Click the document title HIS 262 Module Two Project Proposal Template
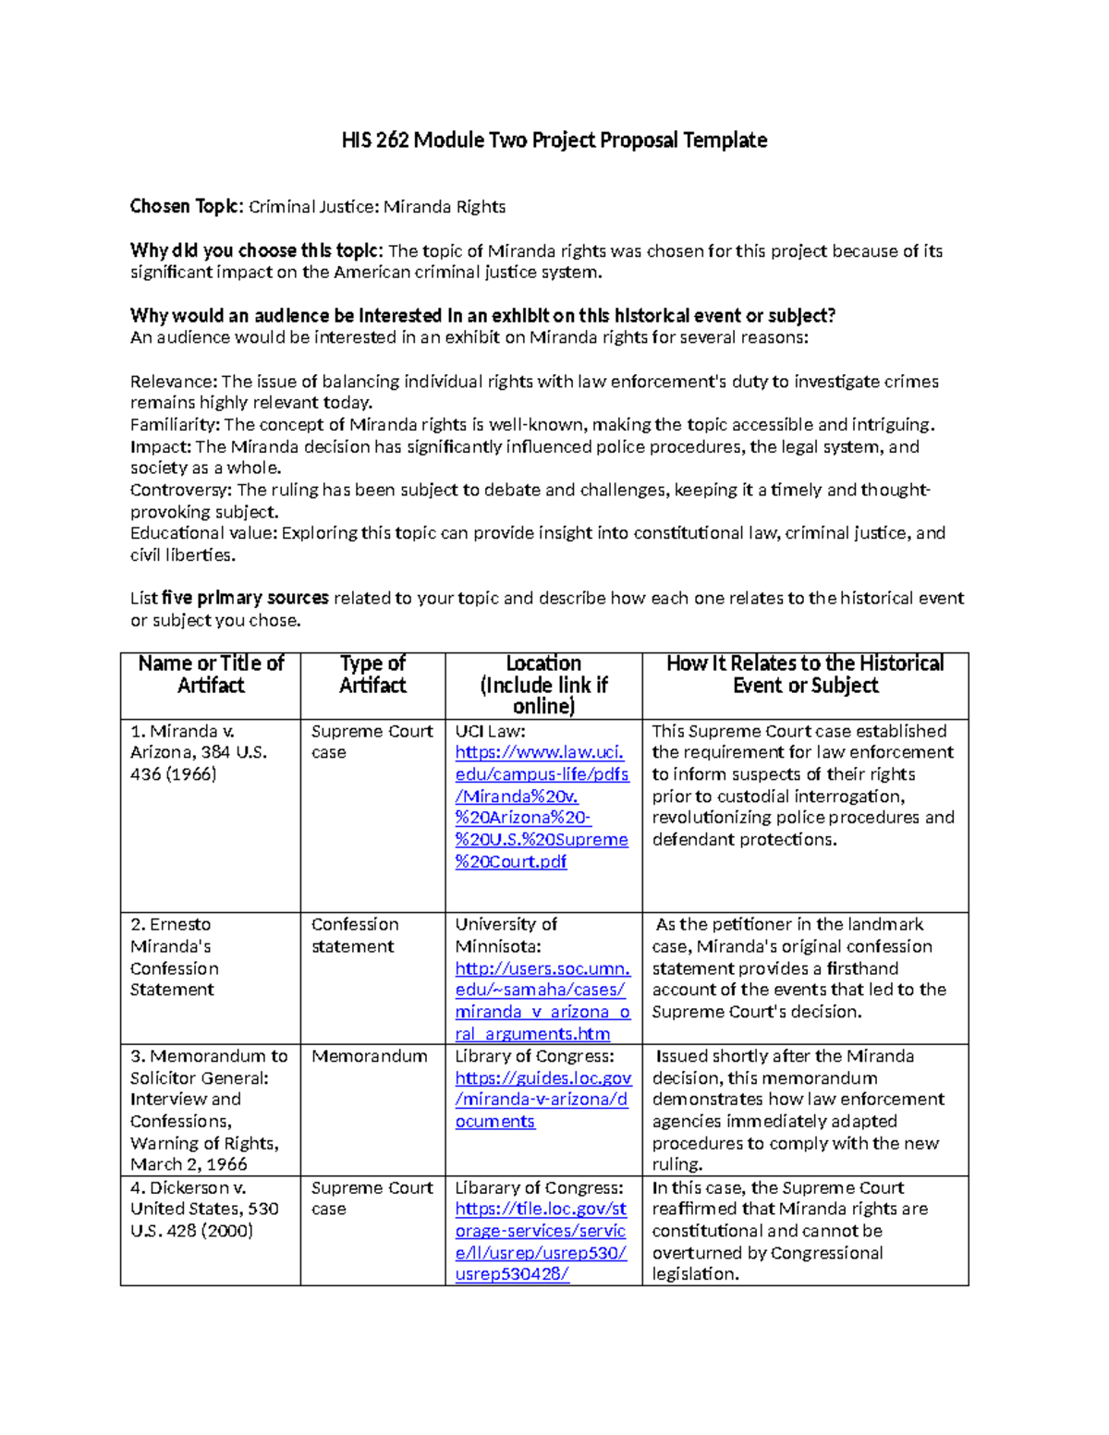(x=554, y=140)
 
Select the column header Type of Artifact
(x=372, y=675)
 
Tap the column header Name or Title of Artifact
(x=211, y=675)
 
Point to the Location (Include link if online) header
(x=543, y=685)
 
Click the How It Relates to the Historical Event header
(x=805, y=675)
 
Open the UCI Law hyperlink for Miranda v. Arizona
(x=542, y=797)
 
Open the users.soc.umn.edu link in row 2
(x=542, y=1002)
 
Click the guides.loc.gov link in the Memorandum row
(x=542, y=1100)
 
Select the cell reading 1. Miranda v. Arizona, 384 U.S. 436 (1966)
(x=198, y=753)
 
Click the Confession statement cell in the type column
(x=355, y=935)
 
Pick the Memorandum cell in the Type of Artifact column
(x=370, y=1056)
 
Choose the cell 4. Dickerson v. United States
(x=204, y=1209)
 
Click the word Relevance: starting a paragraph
(x=173, y=382)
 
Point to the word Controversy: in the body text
(x=181, y=490)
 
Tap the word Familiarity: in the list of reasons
(x=175, y=425)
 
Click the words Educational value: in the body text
(x=203, y=533)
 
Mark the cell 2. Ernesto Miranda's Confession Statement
(x=175, y=957)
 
